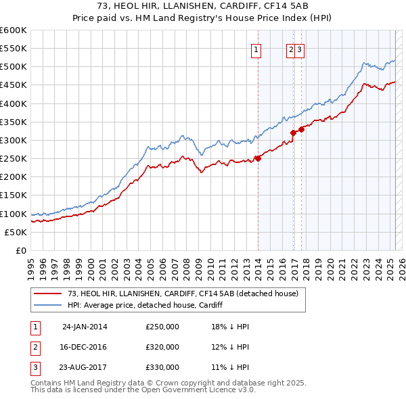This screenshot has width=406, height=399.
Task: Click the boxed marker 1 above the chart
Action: pos(257,49)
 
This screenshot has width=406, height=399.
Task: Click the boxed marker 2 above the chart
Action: pos(290,49)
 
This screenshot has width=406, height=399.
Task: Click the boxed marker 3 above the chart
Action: pos(298,49)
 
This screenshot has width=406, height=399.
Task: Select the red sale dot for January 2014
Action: pos(258,158)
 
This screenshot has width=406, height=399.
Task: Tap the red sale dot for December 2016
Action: pos(293,133)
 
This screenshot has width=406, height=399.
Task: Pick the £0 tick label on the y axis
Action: pos(22,250)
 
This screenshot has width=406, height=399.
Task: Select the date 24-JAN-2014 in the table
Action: pos(85,327)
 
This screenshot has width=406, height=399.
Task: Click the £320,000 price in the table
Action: pos(162,347)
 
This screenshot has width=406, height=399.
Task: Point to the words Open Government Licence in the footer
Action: pos(196,390)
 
